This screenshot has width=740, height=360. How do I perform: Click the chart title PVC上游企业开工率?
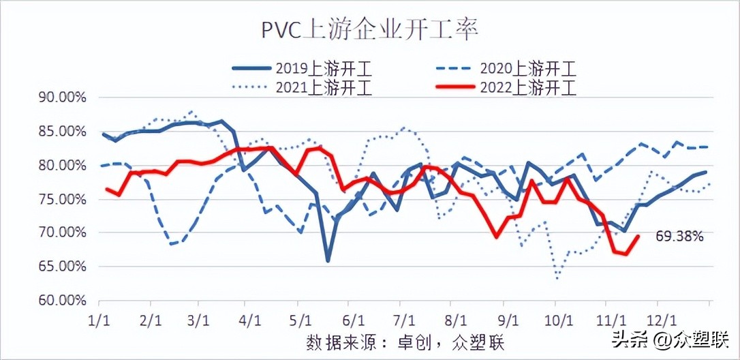point(370,30)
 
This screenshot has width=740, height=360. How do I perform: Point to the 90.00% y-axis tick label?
point(62,97)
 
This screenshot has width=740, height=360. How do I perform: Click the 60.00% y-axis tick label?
point(62,300)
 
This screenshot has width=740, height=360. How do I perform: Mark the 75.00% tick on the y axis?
point(62,199)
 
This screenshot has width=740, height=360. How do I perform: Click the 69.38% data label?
point(679,237)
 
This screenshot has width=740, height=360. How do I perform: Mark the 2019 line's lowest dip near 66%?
point(328,260)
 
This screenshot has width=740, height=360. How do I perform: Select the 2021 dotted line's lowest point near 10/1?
point(557,278)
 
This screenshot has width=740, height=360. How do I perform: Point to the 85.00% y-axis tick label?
point(62,131)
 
